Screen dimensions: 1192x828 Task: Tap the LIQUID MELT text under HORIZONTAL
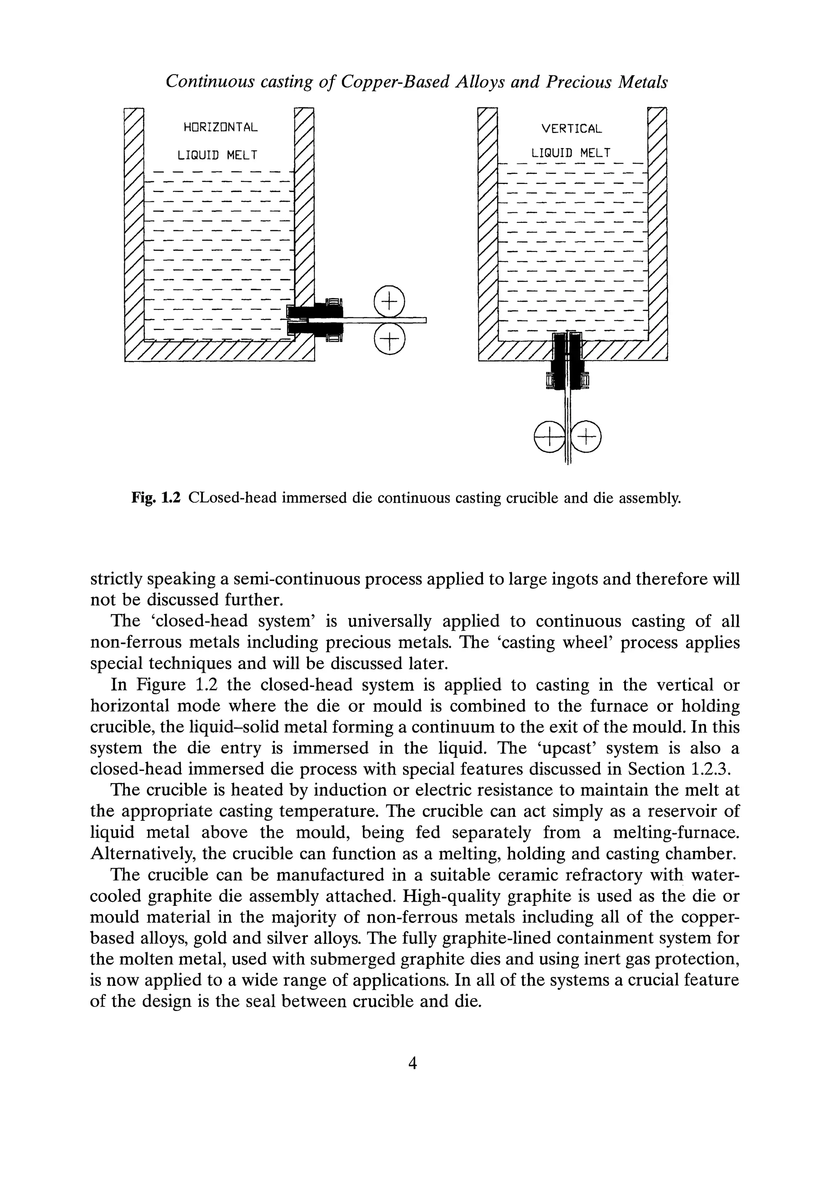click(218, 155)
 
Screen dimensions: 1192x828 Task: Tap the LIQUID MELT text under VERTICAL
click(571, 153)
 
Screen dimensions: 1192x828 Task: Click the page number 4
click(413, 1063)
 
